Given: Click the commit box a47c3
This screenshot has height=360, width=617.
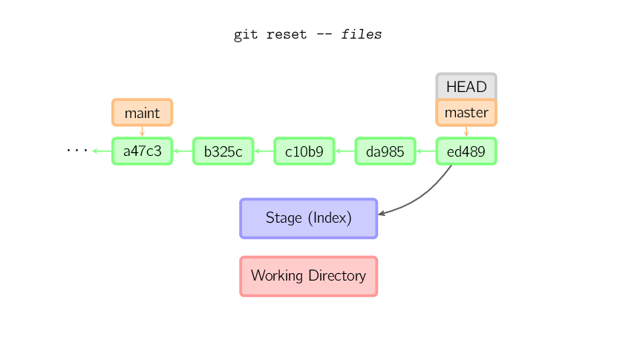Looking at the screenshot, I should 142,151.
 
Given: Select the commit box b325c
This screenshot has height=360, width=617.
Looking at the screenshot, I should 223,151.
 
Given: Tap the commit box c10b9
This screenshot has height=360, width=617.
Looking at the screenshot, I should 304,151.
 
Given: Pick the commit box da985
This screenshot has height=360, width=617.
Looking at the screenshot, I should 385,151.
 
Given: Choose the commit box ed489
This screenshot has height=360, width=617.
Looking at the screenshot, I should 466,151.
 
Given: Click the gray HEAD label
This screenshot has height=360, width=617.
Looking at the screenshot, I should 466,86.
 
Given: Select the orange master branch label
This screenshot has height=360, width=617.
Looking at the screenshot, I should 466,113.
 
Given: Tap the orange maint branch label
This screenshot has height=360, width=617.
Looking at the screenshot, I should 142,113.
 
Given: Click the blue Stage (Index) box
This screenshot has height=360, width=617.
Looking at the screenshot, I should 308,218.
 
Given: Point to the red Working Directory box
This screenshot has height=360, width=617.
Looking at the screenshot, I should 308,276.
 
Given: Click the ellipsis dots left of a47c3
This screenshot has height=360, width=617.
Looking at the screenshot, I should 76,151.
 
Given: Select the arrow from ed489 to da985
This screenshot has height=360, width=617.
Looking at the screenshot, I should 425,151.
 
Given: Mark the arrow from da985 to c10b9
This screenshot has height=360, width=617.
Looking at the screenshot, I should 345,151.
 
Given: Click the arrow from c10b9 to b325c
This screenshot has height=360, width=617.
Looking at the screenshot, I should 264,151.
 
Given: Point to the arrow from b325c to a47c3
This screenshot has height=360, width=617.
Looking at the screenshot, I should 183,151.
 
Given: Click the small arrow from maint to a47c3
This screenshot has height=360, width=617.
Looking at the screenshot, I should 142,131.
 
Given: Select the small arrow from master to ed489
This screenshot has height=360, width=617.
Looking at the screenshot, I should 466,131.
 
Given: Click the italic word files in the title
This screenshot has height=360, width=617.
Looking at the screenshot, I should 362,35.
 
